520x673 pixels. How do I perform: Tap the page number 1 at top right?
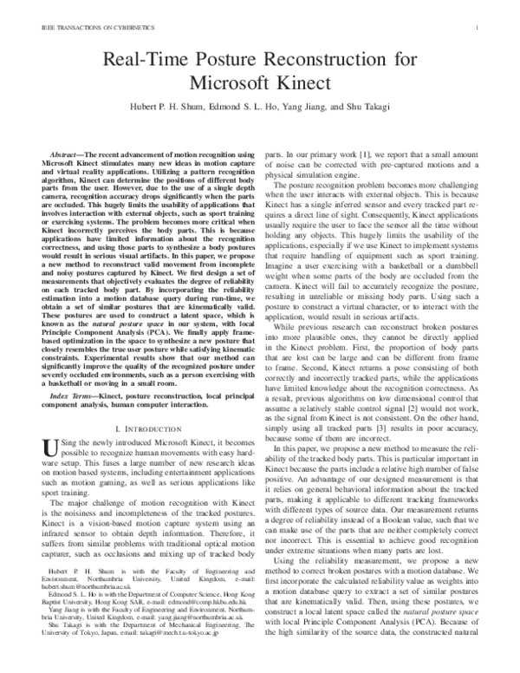click(478, 29)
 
